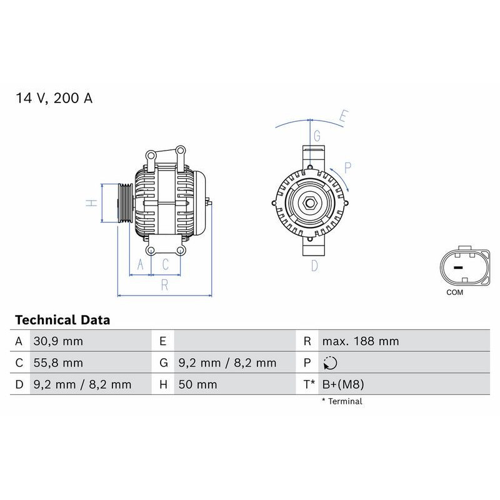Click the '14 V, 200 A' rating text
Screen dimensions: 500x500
click(54, 98)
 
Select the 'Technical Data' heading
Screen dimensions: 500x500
click(62, 320)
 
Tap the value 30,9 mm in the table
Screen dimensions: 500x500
click(57, 341)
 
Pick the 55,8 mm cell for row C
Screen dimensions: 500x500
click(57, 363)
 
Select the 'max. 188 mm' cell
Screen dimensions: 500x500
click(360, 341)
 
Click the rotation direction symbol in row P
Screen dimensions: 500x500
click(330, 363)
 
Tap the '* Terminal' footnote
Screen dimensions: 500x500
click(342, 401)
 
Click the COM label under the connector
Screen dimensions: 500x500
click(455, 292)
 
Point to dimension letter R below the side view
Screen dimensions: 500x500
click(164, 285)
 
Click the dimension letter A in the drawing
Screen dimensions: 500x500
click(141, 264)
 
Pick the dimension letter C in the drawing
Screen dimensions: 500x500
click(166, 264)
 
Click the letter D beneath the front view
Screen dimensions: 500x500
click(314, 266)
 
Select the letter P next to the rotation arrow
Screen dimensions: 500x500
click(348, 167)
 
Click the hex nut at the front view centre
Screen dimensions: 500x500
click(309, 203)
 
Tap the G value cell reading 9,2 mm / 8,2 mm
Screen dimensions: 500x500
click(227, 363)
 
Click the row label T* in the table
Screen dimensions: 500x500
click(309, 384)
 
